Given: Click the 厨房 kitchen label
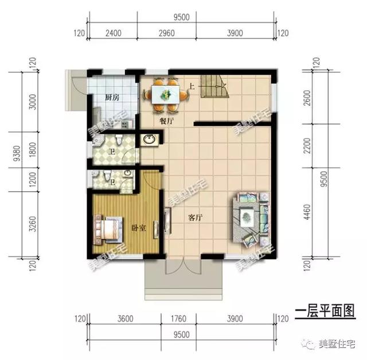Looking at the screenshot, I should click(112, 97).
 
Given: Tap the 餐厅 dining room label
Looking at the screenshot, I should click(167, 122).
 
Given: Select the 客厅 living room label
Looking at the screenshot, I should click(196, 218).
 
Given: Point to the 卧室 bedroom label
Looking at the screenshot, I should click(138, 228).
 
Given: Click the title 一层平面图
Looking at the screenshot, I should click(325, 311).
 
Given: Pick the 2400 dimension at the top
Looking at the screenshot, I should click(113, 33).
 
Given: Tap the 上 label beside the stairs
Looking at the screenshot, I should click(192, 87).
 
